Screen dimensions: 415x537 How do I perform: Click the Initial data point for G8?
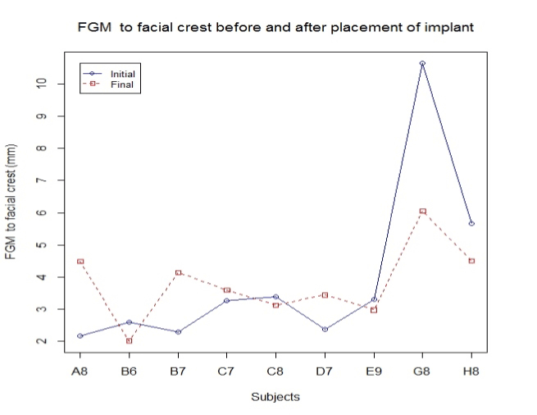pyautogui.click(x=422, y=63)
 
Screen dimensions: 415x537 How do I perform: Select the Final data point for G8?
pyautogui.click(x=422, y=211)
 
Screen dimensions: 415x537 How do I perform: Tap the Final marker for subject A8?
pyautogui.click(x=80, y=261)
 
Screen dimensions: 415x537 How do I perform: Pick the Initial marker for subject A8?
pyautogui.click(x=80, y=336)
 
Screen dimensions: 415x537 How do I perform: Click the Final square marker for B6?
pyautogui.click(x=129, y=341)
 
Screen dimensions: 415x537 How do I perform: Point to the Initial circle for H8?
pyautogui.click(x=471, y=223)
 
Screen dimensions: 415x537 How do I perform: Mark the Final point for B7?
pyautogui.click(x=178, y=272)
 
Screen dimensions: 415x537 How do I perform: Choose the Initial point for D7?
pyautogui.click(x=325, y=329)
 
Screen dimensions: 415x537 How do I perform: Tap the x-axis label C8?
pyautogui.click(x=275, y=370)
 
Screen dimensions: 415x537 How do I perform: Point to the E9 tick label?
pyautogui.click(x=374, y=370)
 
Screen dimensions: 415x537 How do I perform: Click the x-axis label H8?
pyautogui.click(x=471, y=370)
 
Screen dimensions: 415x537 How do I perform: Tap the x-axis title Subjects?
pyautogui.click(x=275, y=397)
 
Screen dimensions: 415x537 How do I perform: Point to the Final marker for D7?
pyautogui.click(x=325, y=294)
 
